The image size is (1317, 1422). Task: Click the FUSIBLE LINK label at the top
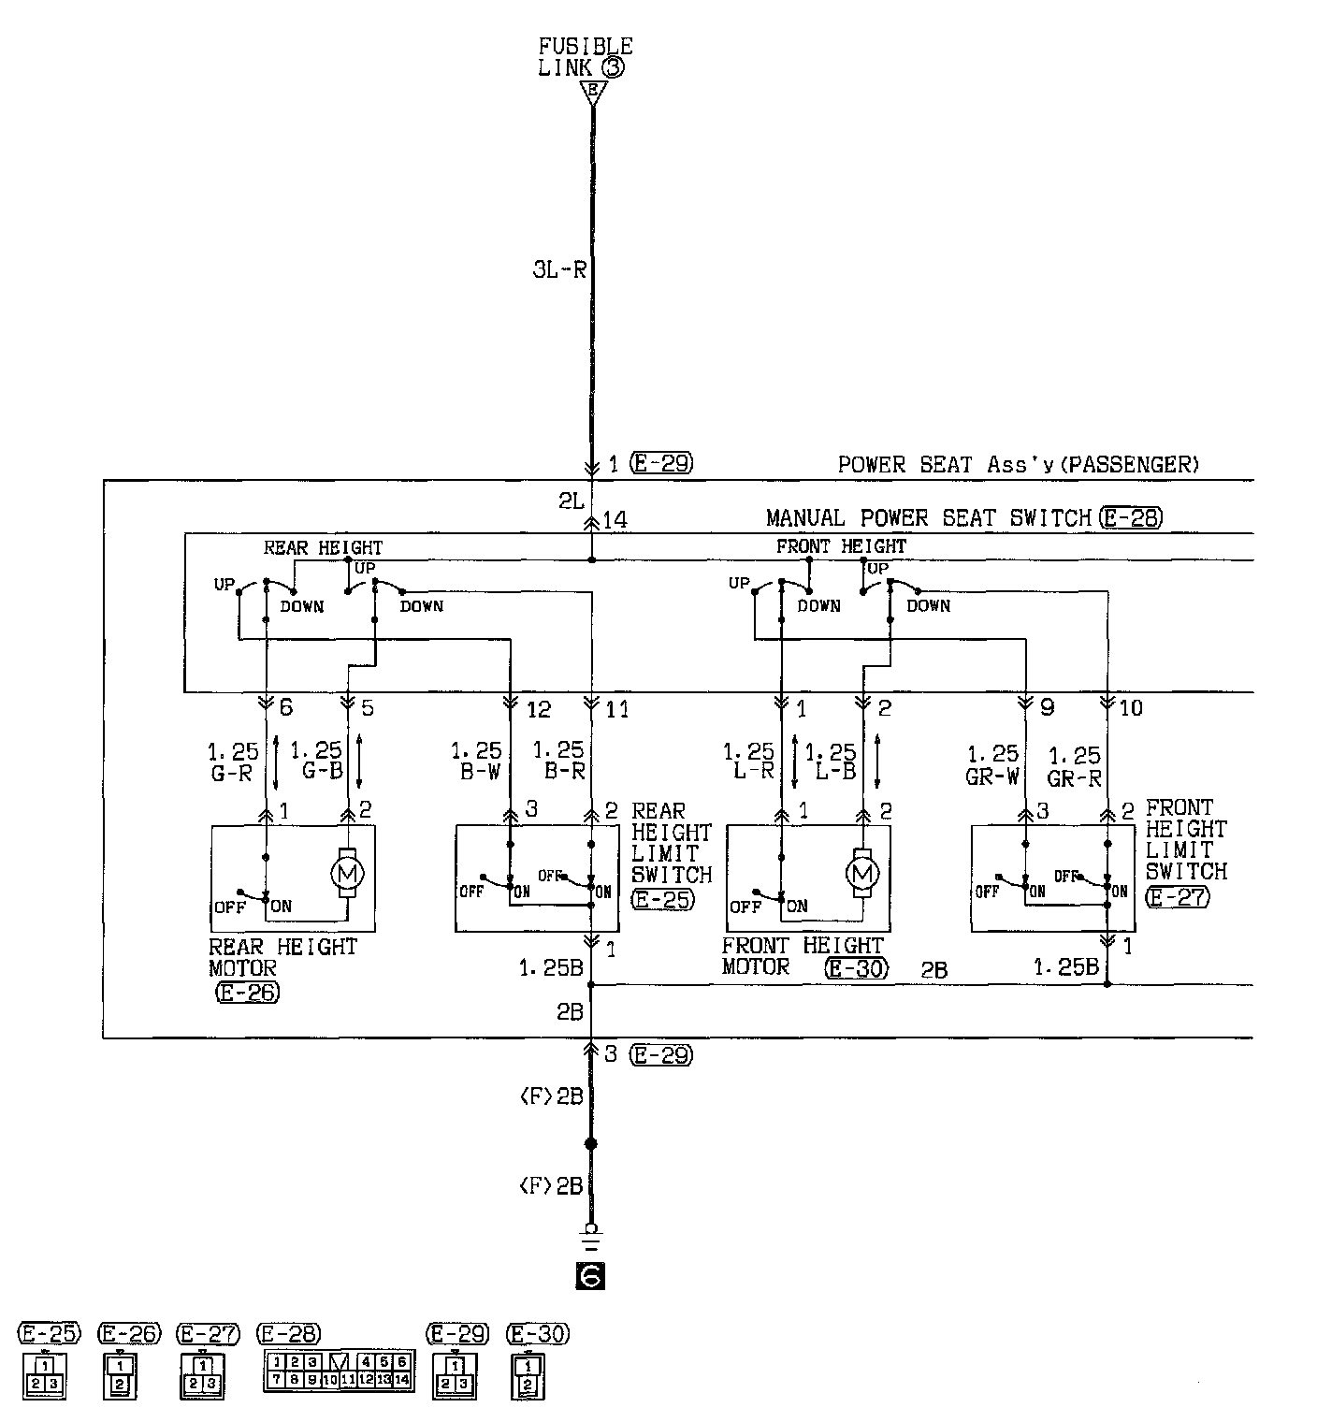586,56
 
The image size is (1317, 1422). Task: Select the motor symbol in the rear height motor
348,873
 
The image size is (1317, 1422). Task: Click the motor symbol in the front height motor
861,873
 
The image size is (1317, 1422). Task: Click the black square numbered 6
592,1276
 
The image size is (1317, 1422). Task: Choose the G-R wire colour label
231,774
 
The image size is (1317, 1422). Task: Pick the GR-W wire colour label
991,776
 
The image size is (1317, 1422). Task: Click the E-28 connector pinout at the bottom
340,1371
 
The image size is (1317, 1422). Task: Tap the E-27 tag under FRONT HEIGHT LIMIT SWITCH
1178,896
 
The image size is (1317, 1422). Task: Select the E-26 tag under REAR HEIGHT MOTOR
247,993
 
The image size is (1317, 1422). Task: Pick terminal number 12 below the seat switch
539,710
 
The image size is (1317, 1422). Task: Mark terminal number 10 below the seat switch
1131,708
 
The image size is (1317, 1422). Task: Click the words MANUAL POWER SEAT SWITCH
929,518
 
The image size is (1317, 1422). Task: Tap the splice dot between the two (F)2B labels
590,1144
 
